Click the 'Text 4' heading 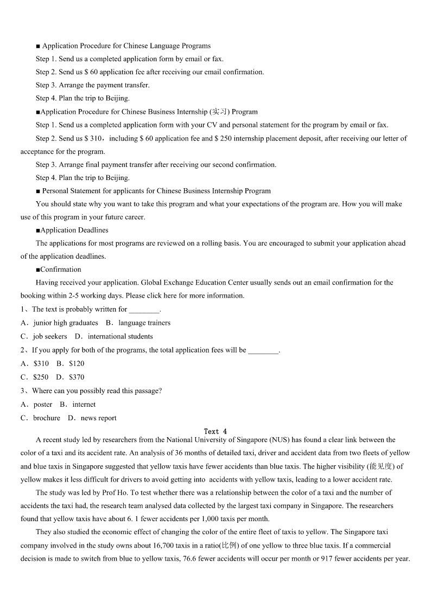[x=215, y=432]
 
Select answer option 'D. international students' [x=114, y=336]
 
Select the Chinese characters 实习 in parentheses [x=220, y=112]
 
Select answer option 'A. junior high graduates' [x=60, y=323]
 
